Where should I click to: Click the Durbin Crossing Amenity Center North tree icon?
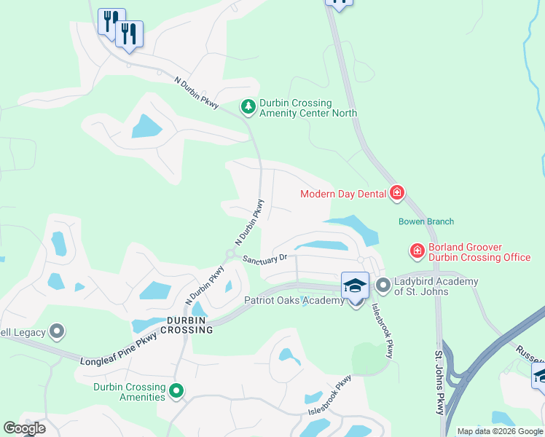[x=248, y=108]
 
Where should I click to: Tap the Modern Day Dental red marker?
[x=397, y=193]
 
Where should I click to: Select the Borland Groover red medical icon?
[x=417, y=252]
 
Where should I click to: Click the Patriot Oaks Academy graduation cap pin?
[x=355, y=286]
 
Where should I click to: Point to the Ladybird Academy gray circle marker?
[x=383, y=284]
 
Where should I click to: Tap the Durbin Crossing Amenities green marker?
[x=176, y=392]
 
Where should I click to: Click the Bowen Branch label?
[x=426, y=221]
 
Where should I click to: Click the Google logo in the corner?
[x=24, y=428]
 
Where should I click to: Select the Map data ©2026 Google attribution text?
[x=500, y=431]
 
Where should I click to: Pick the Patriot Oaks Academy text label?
[x=294, y=301]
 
